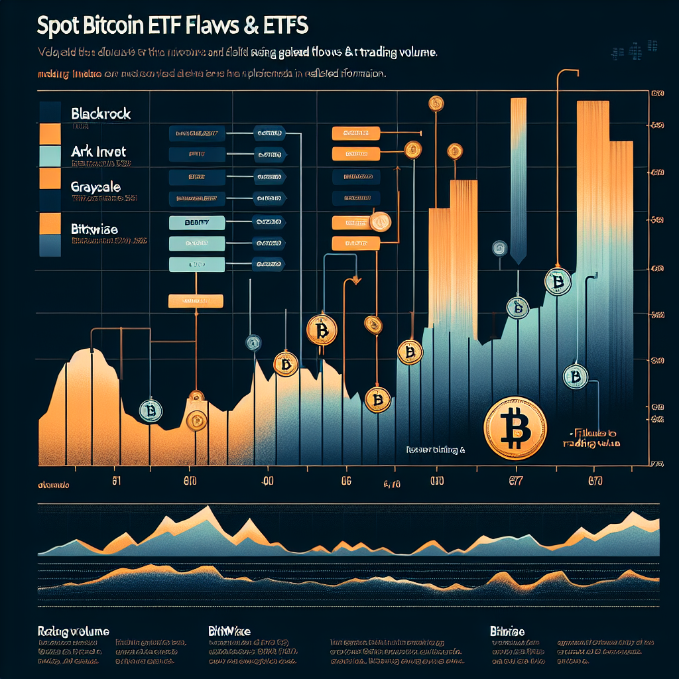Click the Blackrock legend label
100,113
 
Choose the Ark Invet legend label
97,152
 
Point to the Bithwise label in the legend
93,229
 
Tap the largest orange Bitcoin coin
515,428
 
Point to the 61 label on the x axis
117,481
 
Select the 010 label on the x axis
436,481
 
